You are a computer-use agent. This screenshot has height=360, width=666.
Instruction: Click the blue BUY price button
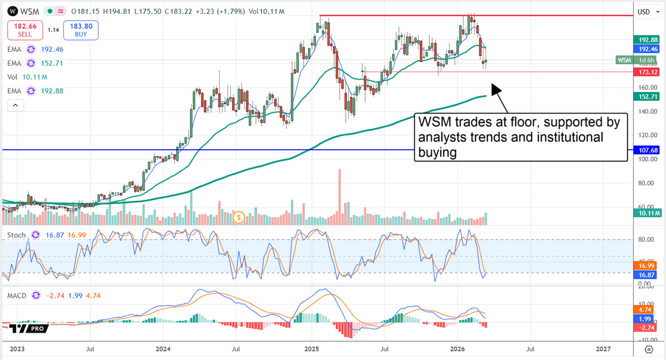point(80,30)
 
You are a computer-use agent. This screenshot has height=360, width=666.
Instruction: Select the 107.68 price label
point(645,150)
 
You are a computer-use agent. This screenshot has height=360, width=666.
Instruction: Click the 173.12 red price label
point(645,72)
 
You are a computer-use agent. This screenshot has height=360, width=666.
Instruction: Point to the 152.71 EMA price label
point(645,97)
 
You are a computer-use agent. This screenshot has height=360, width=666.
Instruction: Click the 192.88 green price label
point(645,40)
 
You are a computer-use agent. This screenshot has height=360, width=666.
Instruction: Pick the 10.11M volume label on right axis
point(645,213)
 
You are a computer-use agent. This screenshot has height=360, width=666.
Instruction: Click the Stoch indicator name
point(16,235)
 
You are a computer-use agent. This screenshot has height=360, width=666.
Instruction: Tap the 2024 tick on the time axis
point(163,349)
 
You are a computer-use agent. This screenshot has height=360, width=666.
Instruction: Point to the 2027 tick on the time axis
point(603,349)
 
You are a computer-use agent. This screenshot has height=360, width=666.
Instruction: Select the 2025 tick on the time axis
point(311,349)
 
